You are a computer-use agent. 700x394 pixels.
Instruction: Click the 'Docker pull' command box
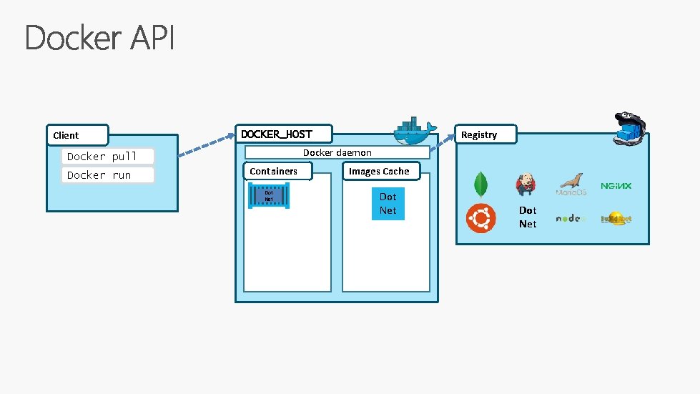pos(108,157)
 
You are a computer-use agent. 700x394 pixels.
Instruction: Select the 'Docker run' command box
pos(108,175)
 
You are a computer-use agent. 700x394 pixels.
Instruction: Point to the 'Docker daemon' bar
pos(337,152)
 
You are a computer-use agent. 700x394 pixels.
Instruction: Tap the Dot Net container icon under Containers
pos(269,195)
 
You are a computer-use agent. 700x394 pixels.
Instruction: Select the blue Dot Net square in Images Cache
pos(388,204)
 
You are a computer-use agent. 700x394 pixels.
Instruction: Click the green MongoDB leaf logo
pos(480,184)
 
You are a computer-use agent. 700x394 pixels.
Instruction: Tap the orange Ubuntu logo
pos(480,218)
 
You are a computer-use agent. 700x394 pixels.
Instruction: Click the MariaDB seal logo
pos(571,185)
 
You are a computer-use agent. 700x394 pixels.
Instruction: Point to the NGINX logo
pos(616,186)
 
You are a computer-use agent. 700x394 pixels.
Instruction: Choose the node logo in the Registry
pos(571,218)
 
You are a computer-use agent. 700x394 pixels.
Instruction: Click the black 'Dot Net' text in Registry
pos(528,217)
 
